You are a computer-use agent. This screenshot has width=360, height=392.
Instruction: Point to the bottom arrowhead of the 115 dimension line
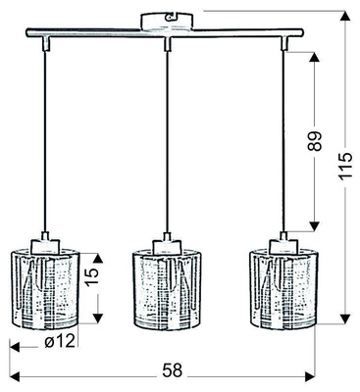tap(344, 318)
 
